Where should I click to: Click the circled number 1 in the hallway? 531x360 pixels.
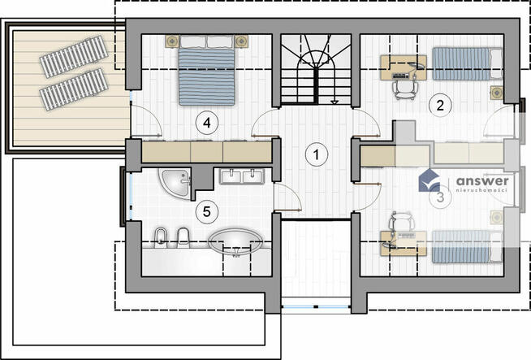pos(317,154)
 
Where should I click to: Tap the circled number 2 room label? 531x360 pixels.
pos(440,106)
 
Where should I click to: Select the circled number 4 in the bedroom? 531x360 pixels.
pos(207,123)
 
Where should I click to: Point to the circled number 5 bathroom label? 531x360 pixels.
pos(207,212)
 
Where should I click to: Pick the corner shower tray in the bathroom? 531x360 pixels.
pos(175,183)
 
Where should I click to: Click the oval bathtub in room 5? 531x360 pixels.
pos(235,242)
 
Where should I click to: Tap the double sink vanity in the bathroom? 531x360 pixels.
pos(242,176)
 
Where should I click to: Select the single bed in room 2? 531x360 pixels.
pos(468,63)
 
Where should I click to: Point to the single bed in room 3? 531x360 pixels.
pos(468,247)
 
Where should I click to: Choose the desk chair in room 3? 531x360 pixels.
pos(402,221)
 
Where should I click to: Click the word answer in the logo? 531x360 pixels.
pos(482,181)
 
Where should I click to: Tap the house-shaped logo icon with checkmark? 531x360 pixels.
pos(430,180)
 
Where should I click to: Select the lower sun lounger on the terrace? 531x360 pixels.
pos(74,89)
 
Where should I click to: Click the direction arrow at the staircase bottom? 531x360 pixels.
pos(335,102)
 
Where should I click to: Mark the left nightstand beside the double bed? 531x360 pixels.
pos(173,41)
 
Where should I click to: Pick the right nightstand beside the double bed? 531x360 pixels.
pos(241,41)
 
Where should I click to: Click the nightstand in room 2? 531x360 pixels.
pos(497,93)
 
